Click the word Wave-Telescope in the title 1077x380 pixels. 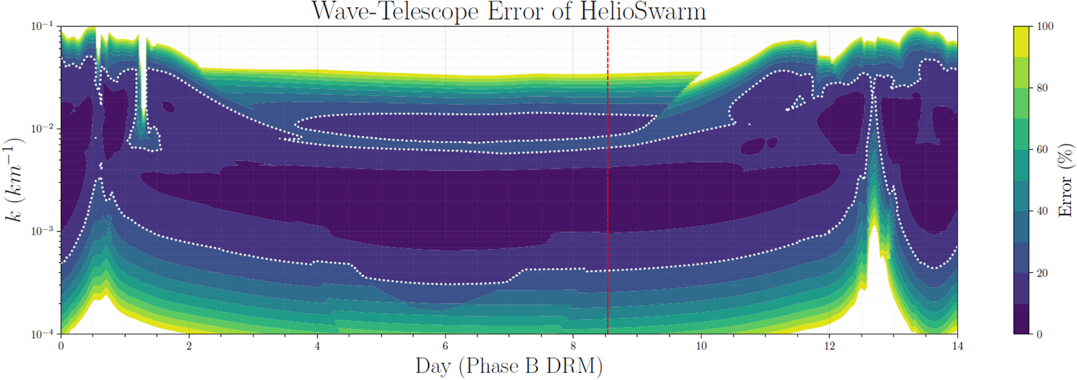[395, 11]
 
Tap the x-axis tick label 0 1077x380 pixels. [61, 346]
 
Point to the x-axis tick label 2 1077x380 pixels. [189, 346]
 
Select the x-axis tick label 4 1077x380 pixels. [317, 346]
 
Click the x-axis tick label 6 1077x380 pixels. [445, 346]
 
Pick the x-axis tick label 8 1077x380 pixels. [573, 346]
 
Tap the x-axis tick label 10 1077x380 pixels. [701, 346]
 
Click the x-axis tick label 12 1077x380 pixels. [829, 346]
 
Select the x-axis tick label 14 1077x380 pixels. [957, 346]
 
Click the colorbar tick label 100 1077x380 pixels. [1045, 26]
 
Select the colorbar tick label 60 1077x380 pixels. [1042, 150]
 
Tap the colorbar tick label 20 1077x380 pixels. [1042, 273]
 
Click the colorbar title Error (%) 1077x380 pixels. [1066, 180]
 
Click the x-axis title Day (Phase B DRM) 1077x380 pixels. [508, 366]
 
